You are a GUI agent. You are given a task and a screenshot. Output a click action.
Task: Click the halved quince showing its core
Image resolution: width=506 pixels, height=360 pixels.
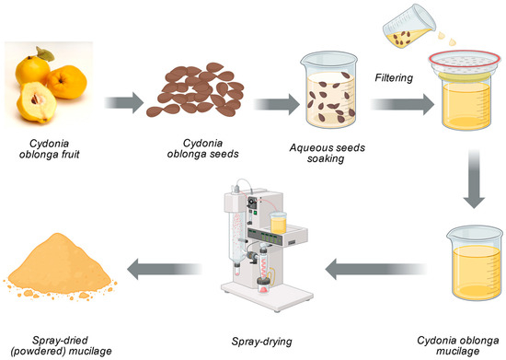[x=36, y=102]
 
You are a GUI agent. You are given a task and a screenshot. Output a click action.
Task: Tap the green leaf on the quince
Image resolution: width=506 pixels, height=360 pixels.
[x=45, y=54]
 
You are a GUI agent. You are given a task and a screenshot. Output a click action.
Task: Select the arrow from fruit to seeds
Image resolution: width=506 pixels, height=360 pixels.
[x=124, y=103]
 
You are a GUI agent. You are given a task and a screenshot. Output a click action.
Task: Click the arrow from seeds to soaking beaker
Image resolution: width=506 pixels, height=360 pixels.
[x=277, y=104]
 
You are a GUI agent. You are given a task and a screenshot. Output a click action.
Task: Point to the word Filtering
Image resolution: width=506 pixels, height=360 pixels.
[x=394, y=78]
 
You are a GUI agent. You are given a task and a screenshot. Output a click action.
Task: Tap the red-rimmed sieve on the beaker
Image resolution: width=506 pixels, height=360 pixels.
[x=465, y=64]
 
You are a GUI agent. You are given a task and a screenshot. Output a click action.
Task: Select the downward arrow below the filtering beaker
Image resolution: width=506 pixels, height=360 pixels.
[x=474, y=179]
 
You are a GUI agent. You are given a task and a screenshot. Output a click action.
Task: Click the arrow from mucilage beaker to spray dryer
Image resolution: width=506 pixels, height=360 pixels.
[x=376, y=269]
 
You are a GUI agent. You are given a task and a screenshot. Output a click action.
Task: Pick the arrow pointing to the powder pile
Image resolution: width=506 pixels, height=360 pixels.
[x=165, y=269]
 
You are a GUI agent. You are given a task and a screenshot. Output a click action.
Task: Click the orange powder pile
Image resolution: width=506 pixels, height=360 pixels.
[x=60, y=267]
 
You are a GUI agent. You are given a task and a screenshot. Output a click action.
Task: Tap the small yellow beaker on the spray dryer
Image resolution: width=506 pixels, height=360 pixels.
[x=278, y=223]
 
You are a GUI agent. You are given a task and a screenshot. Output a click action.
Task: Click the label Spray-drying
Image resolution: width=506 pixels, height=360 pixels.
[x=261, y=342]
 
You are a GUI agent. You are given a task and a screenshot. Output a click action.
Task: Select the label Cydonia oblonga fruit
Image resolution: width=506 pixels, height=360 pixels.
[x=49, y=149]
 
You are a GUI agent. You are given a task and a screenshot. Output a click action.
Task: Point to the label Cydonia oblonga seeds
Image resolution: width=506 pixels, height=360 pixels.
[x=202, y=148]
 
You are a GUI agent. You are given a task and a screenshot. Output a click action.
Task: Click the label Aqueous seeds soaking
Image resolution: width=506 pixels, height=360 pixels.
[x=327, y=153]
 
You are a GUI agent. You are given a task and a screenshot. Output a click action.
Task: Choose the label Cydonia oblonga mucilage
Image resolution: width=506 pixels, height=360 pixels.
[x=457, y=345]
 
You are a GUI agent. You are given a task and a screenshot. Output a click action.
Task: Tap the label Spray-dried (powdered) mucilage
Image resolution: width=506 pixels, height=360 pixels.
[x=61, y=345]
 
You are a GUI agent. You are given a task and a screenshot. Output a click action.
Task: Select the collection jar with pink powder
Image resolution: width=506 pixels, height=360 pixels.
[x=264, y=285]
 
